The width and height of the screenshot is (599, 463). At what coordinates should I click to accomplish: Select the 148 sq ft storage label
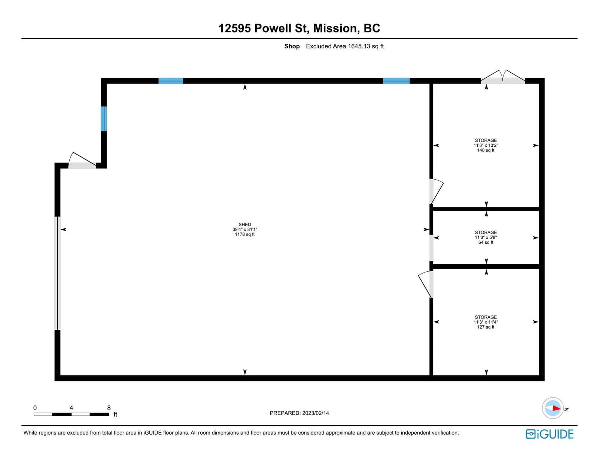[486, 145]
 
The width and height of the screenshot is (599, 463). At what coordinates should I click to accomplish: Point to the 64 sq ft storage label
[486, 237]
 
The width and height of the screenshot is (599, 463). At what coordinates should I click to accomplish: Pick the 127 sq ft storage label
[486, 322]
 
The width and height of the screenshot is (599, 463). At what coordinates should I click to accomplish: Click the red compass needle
[557, 408]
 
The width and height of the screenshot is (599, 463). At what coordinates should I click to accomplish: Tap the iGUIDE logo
[550, 434]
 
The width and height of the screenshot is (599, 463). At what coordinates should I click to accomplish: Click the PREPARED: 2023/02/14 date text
[299, 413]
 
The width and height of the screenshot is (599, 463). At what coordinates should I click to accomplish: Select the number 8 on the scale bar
[109, 408]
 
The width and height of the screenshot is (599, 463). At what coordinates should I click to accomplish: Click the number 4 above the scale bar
[72, 408]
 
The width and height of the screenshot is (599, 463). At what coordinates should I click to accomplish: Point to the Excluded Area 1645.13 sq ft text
[344, 46]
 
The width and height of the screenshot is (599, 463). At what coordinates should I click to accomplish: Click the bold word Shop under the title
[292, 46]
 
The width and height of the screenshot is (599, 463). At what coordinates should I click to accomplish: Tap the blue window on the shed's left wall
[104, 119]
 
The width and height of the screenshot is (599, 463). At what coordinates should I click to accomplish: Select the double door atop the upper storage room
[503, 77]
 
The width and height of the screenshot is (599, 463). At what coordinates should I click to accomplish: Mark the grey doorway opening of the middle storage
[431, 248]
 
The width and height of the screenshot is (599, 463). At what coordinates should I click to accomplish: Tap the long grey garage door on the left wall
[58, 273]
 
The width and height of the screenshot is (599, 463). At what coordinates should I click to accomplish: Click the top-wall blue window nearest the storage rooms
[396, 81]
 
